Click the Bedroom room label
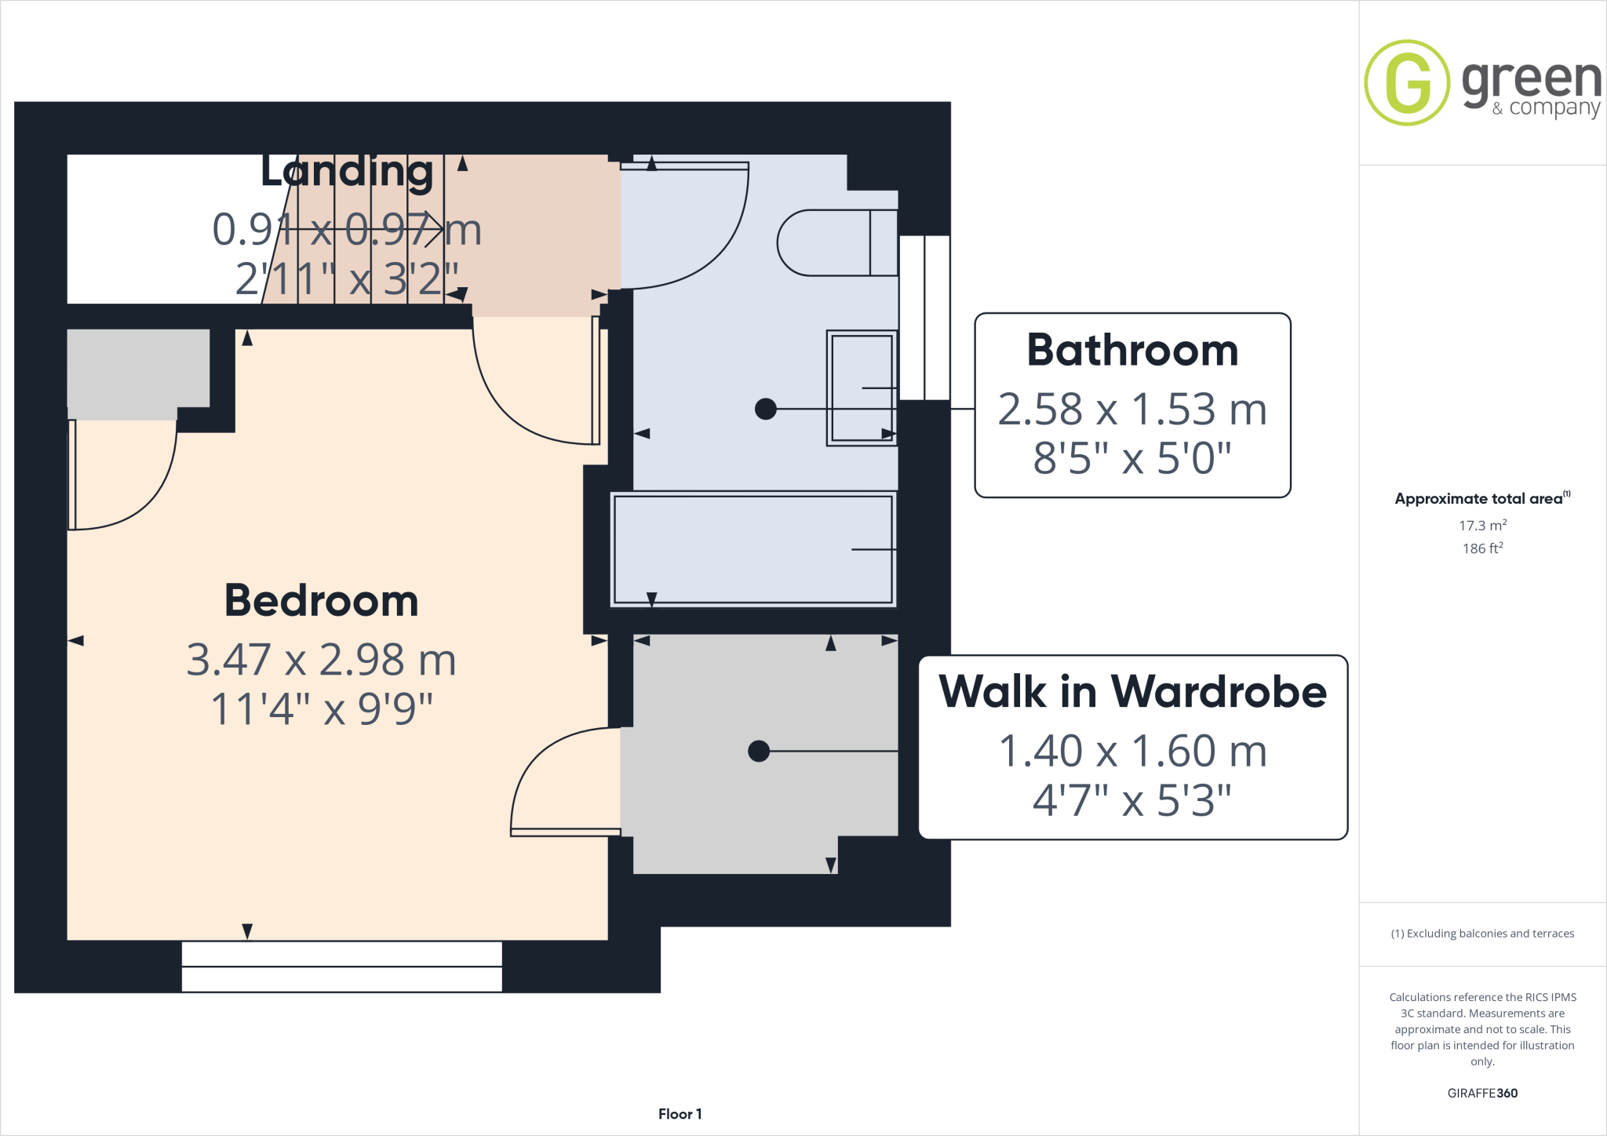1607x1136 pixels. [x=321, y=601]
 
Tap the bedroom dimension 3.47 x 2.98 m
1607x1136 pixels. [x=321, y=660]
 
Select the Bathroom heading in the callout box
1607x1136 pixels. [x=1132, y=350]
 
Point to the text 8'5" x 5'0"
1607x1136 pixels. [x=1132, y=458]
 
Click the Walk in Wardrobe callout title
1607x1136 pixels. [x=1132, y=692]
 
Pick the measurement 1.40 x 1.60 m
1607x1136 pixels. [x=1132, y=752]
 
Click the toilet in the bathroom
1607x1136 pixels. [x=836, y=242]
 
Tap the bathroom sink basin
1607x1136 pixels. [x=862, y=388]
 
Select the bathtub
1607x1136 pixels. [x=753, y=549]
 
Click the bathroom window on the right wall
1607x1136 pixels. [x=924, y=318]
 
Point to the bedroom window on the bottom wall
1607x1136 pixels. [x=341, y=967]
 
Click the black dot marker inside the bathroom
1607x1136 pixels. [x=766, y=409]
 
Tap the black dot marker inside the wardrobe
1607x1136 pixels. [x=759, y=751]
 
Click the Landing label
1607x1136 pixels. [x=346, y=171]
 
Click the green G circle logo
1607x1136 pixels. [x=1407, y=82]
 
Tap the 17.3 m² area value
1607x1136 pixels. [x=1482, y=525]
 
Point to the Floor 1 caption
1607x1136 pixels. [x=680, y=1114]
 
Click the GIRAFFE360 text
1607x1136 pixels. [x=1482, y=1093]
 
